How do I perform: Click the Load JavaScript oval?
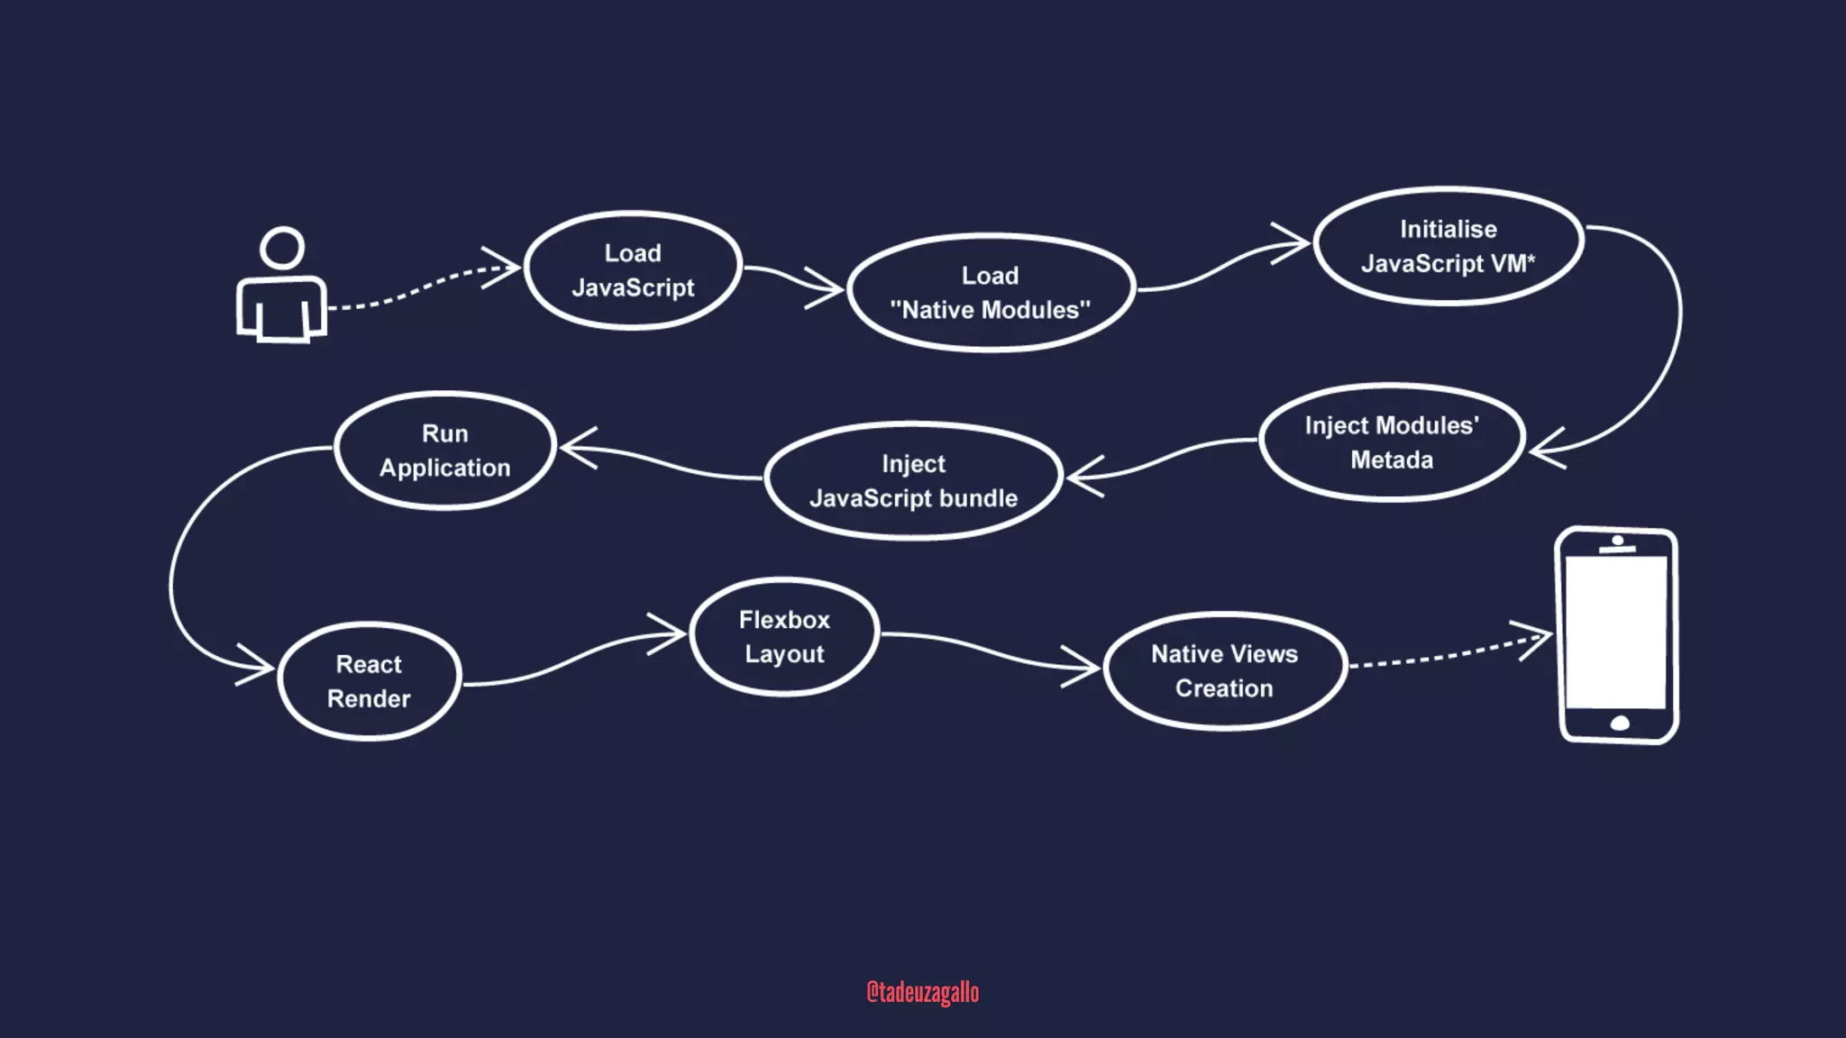click(633, 270)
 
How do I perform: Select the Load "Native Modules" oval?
click(990, 293)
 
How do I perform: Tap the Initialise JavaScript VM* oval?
click(1448, 246)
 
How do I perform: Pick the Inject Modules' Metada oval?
click(1391, 442)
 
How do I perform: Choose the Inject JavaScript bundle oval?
click(913, 481)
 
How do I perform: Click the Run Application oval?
click(444, 451)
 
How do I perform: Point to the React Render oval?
click(369, 681)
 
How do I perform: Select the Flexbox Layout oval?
click(784, 637)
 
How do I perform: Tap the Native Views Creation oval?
click(1224, 671)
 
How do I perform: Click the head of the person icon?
click(282, 248)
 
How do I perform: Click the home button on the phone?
click(1620, 724)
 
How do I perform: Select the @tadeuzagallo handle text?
click(922, 992)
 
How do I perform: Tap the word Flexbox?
click(784, 620)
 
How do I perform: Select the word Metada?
click(1391, 460)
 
